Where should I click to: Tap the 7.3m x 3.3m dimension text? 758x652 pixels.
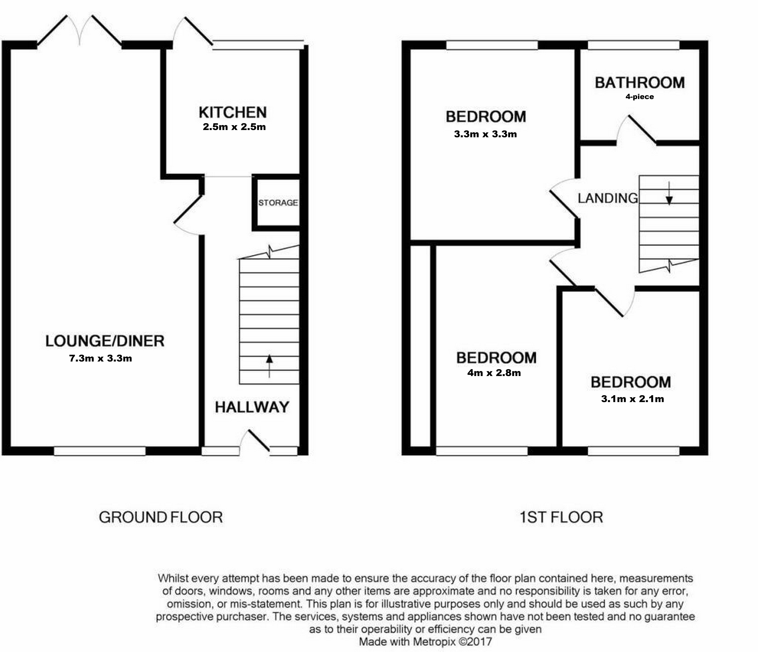pos(101,358)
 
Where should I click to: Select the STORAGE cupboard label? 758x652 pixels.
pos(278,203)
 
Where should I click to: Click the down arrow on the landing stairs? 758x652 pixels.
pos(669,194)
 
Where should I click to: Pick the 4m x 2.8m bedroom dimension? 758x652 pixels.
pos(494,373)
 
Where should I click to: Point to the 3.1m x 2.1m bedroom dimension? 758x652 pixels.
pos(632,399)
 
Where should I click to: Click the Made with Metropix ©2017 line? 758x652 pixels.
pos(425,641)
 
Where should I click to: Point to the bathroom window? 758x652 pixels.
pos(633,45)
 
